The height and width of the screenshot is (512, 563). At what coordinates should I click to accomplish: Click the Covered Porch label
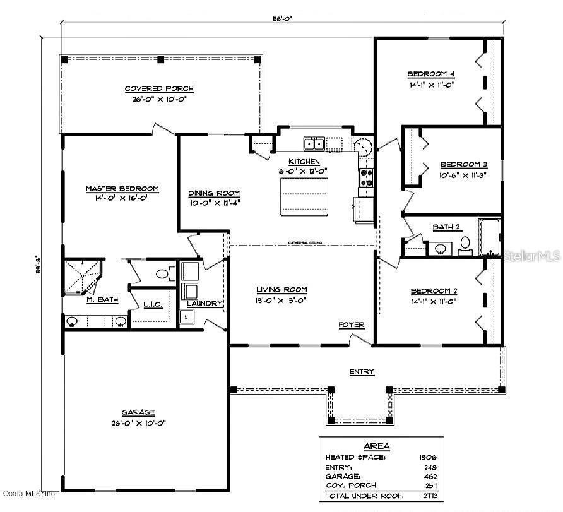pyautogui.click(x=159, y=89)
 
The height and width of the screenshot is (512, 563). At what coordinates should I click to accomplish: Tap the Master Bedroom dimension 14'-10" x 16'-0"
pyautogui.click(x=122, y=199)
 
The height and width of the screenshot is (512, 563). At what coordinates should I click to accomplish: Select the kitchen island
pyautogui.click(x=305, y=196)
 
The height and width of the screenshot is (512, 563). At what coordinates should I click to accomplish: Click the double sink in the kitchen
pyautogui.click(x=314, y=143)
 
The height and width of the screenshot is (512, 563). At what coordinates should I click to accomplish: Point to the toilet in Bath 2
pyautogui.click(x=465, y=244)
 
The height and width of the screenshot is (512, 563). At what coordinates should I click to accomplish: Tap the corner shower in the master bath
pyautogui.click(x=82, y=277)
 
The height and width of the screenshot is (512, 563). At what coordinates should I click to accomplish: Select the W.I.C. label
pyautogui.click(x=153, y=305)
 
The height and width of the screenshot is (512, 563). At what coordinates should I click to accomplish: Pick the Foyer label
pyautogui.click(x=351, y=324)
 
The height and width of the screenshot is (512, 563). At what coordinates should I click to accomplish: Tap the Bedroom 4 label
pyautogui.click(x=431, y=73)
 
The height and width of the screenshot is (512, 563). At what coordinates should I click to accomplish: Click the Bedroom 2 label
pyautogui.click(x=434, y=291)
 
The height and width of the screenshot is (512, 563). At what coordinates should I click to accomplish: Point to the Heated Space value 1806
pyautogui.click(x=427, y=456)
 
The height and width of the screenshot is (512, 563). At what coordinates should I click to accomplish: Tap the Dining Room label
pyautogui.click(x=215, y=193)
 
